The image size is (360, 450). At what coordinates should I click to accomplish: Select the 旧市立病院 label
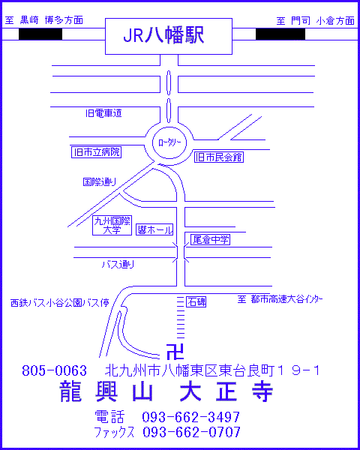(97, 152)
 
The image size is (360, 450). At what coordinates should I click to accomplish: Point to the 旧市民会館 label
(219, 157)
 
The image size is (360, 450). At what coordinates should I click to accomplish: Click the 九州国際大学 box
(112, 226)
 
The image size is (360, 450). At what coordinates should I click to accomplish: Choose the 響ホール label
(154, 229)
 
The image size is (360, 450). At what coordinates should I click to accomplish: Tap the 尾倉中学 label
(211, 240)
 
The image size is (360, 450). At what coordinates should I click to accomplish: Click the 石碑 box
(196, 302)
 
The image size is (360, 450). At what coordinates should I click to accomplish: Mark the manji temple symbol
(175, 352)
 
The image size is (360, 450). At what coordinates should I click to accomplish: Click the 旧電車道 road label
(103, 113)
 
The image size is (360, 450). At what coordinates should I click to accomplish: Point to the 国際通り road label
(100, 182)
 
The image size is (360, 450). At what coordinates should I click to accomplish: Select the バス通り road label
(118, 264)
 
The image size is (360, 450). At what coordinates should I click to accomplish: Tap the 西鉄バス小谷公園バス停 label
(60, 303)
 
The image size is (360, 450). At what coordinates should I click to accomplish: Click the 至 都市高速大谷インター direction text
(280, 299)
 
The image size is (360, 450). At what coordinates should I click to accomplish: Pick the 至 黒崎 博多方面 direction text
(44, 21)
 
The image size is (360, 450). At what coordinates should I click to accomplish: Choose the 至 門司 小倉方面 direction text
(316, 21)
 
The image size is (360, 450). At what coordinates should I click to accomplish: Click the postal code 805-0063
(54, 371)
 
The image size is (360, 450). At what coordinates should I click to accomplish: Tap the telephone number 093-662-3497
(191, 417)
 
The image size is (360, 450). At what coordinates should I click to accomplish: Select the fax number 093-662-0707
(191, 432)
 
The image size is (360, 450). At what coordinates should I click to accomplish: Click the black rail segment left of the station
(40, 34)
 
